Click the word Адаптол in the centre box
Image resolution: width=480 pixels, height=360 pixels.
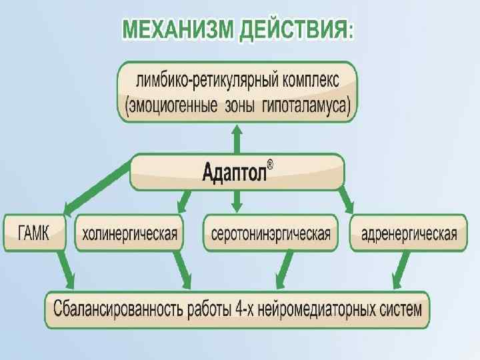pyautogui.click(x=233, y=173)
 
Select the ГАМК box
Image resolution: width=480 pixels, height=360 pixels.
pyautogui.click(x=35, y=233)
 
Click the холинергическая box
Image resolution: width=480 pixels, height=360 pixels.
pyautogui.click(x=129, y=233)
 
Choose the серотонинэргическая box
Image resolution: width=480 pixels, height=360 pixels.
pyautogui.click(x=271, y=233)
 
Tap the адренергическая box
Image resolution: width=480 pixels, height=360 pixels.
pyautogui.click(x=409, y=233)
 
